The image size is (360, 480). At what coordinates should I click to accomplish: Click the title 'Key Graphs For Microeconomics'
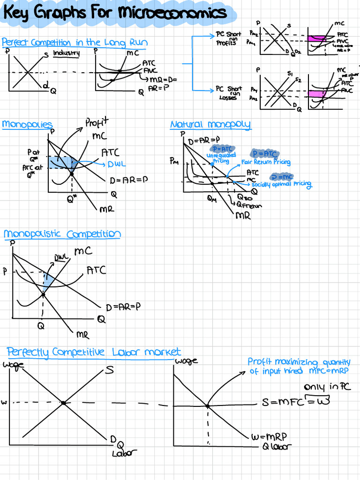(x=114, y=13)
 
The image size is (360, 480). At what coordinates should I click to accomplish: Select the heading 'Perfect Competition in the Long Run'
(x=75, y=43)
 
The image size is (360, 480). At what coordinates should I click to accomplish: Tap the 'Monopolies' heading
(x=27, y=124)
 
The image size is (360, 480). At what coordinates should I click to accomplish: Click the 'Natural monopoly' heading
(x=210, y=125)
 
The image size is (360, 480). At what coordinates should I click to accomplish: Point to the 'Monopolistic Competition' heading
(x=62, y=234)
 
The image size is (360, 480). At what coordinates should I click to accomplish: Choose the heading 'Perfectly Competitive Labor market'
(x=94, y=352)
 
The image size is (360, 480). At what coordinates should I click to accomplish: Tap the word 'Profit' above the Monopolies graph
(x=97, y=123)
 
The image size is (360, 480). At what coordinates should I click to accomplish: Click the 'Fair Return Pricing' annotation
(x=266, y=162)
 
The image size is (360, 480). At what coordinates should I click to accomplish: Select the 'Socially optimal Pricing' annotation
(x=282, y=184)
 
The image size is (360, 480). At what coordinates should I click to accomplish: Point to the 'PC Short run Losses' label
(x=228, y=93)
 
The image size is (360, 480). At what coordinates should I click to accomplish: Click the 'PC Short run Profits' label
(x=228, y=38)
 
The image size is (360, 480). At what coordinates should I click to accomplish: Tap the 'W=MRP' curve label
(x=268, y=437)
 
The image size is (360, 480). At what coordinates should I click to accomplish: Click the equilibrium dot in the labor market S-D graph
(x=63, y=402)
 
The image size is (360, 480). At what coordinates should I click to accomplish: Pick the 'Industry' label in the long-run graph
(x=66, y=53)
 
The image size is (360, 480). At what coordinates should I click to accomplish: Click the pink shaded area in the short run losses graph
(x=316, y=94)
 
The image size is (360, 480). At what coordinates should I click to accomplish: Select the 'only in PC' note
(x=327, y=387)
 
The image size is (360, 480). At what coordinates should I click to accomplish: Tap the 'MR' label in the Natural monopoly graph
(x=243, y=216)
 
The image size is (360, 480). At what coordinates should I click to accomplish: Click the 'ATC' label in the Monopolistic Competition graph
(x=96, y=270)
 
